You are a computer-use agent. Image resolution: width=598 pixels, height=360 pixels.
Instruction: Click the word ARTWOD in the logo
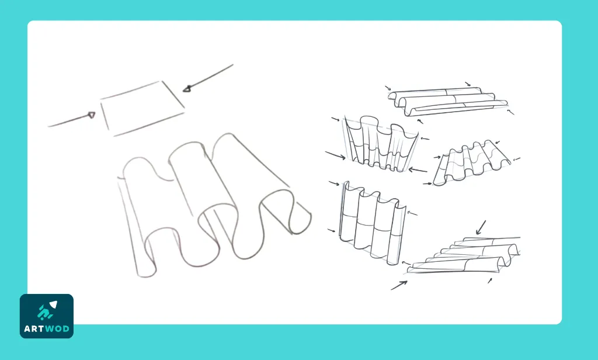pyautogui.click(x=47, y=328)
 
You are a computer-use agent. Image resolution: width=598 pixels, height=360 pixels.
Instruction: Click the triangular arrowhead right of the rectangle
pyautogui.click(x=187, y=89)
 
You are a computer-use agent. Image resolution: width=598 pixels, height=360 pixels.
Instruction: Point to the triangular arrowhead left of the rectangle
pyautogui.click(x=91, y=115)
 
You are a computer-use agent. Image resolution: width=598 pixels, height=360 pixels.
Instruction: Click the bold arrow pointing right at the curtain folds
pyautogui.click(x=336, y=156)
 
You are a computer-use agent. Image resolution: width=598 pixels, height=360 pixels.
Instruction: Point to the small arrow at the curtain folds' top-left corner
pyautogui.click(x=335, y=120)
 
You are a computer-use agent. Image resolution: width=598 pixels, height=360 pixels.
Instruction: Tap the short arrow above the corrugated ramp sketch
pyautogui.click(x=498, y=141)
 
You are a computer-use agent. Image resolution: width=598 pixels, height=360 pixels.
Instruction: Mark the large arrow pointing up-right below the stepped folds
pyautogui.click(x=399, y=285)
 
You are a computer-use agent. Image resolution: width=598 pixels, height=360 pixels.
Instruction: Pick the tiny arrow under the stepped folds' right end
pyautogui.click(x=490, y=281)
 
